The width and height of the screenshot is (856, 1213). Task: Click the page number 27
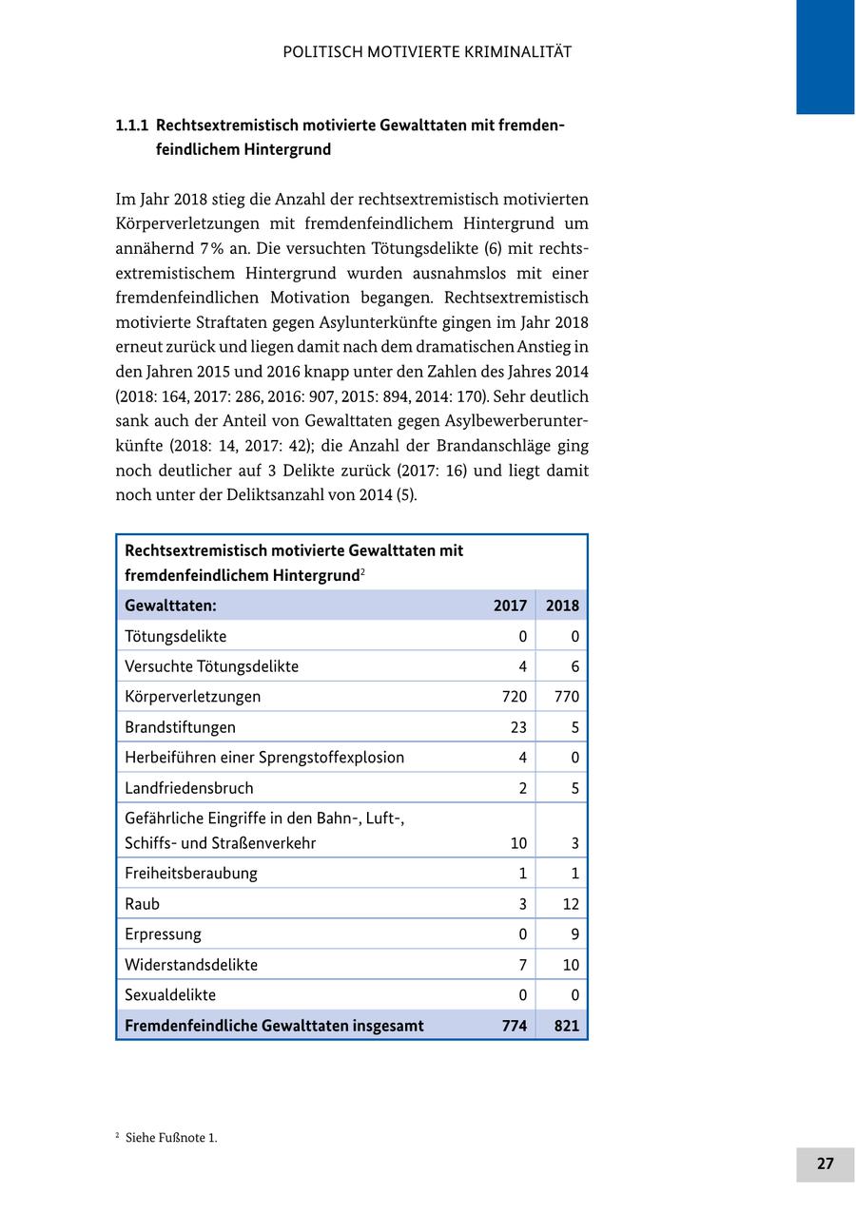point(825,1164)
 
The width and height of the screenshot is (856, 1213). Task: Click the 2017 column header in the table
point(510,606)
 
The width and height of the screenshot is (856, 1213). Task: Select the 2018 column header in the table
point(562,606)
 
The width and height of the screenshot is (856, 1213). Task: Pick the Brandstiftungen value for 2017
point(517,727)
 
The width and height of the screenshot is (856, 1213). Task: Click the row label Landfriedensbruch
point(189,788)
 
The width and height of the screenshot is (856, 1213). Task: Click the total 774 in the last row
point(514,1026)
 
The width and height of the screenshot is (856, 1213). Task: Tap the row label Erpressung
point(163,934)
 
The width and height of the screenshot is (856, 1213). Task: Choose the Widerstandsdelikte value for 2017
point(522,965)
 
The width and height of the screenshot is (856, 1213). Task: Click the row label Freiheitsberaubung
point(191,873)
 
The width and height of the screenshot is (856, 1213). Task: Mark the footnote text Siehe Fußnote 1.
point(171,1138)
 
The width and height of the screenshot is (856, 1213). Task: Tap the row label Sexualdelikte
point(170,995)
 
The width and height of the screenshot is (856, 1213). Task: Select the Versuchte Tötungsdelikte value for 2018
point(574,666)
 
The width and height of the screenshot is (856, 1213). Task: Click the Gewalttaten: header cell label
point(170,606)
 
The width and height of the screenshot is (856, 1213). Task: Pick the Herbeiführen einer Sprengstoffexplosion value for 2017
point(522,758)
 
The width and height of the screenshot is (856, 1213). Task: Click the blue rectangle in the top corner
point(825,56)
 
